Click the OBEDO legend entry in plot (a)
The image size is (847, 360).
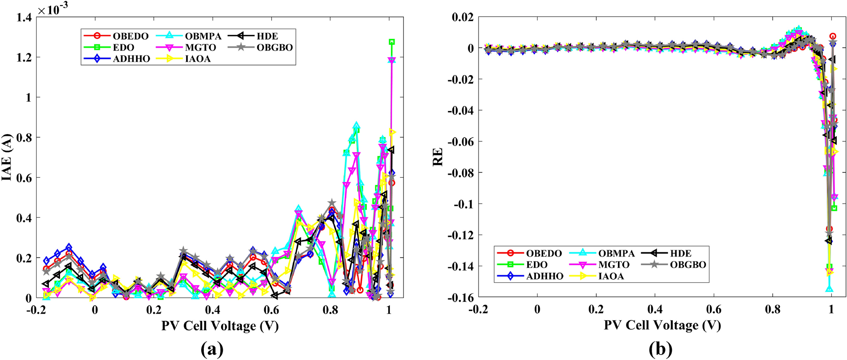tap(130, 36)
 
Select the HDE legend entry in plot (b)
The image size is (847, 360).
tap(680, 253)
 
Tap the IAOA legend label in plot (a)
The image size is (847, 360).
tap(198, 59)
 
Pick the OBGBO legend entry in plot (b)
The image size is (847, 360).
tap(688, 265)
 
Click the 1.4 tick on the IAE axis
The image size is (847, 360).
tap(24, 17)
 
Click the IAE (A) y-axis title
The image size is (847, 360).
tap(7, 157)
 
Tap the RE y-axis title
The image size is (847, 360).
tap(438, 157)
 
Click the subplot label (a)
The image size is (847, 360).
tap(212, 349)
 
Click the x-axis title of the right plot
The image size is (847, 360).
tap(662, 325)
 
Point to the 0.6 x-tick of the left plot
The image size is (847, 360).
tap(271, 310)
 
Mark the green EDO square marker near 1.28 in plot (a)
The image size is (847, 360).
tap(392, 42)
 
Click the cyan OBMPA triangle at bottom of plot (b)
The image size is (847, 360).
tap(829, 289)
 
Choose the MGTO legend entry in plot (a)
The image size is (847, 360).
tap(200, 48)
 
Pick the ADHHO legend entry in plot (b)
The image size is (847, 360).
tap(544, 276)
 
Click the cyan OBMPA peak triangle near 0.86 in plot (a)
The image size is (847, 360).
tap(357, 125)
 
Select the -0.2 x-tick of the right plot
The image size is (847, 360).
tap(478, 310)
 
